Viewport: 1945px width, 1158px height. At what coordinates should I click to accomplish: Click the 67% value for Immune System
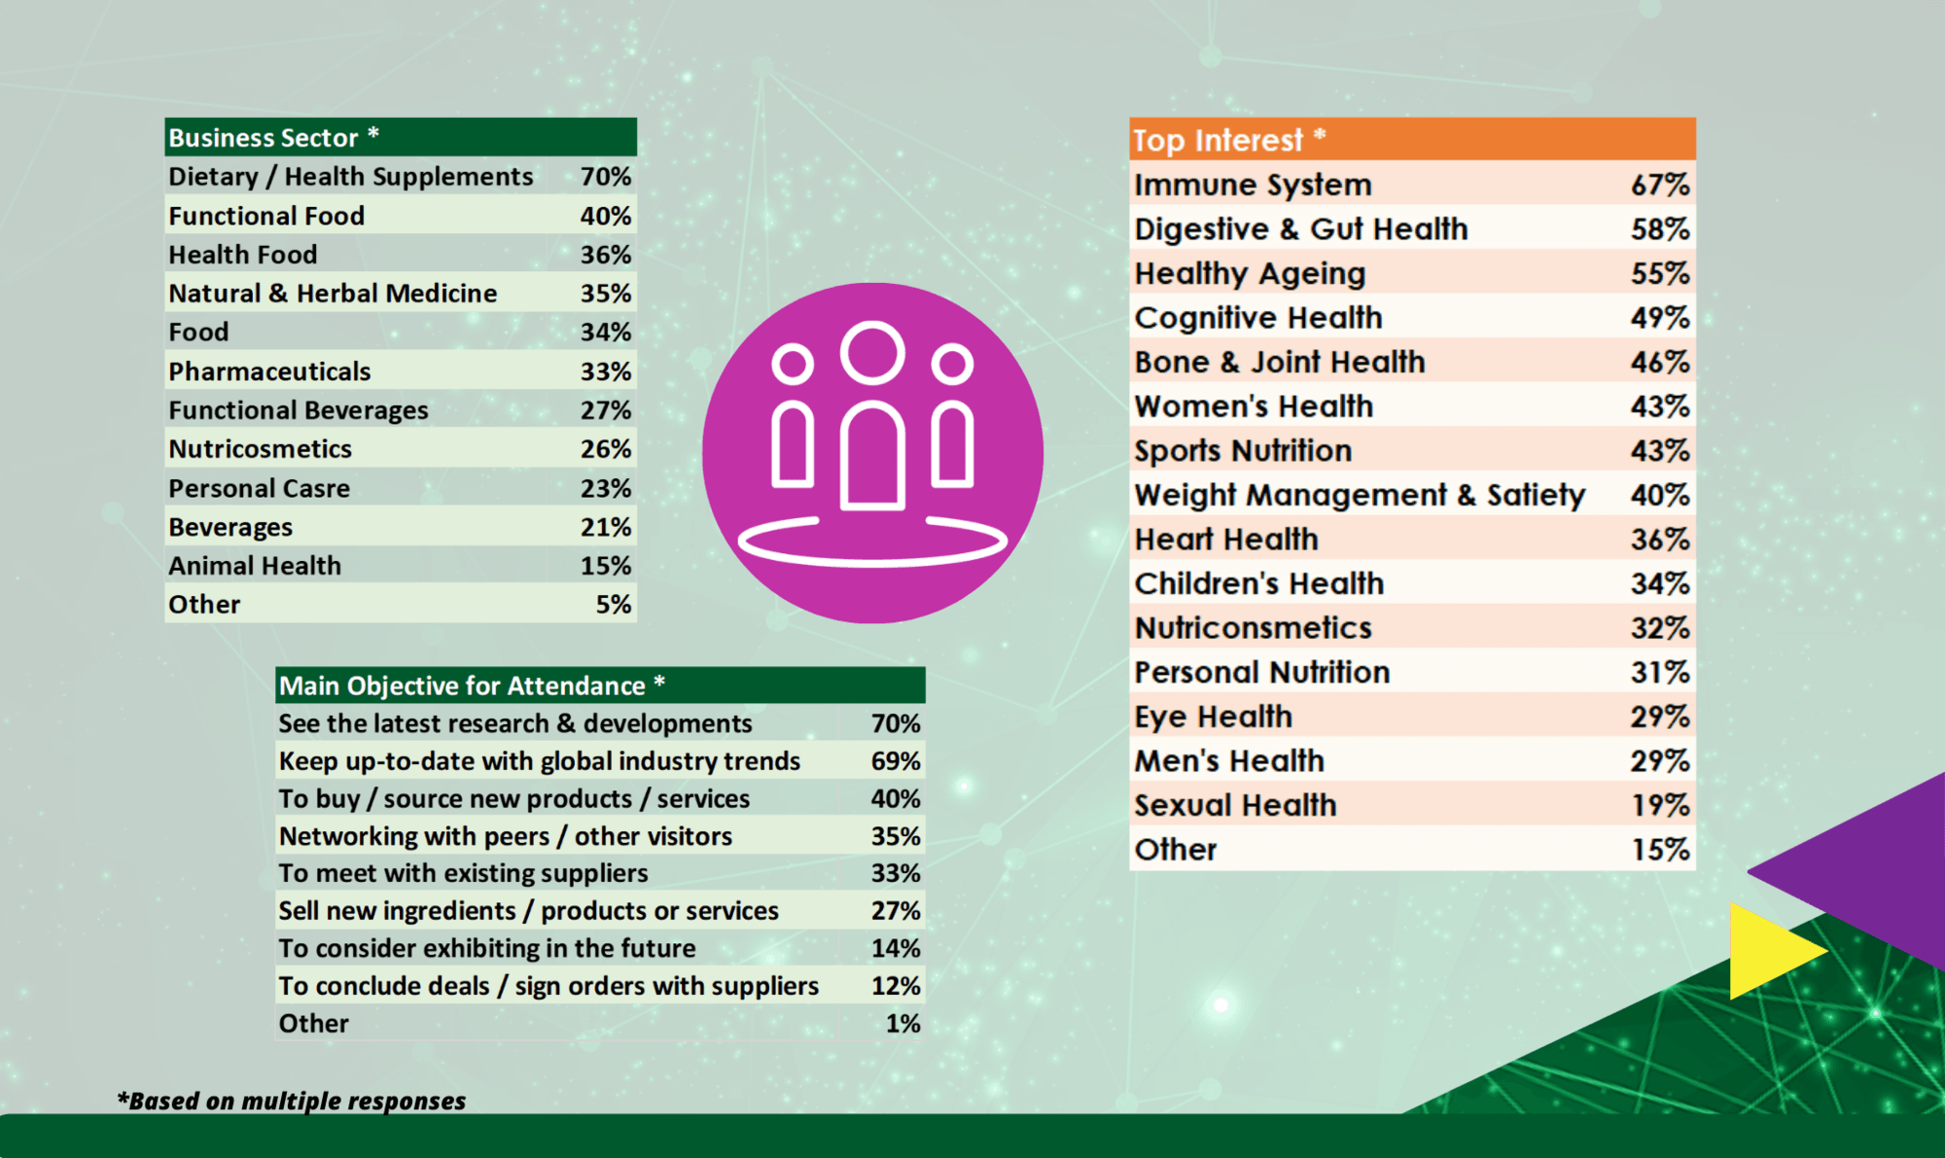coord(1659,185)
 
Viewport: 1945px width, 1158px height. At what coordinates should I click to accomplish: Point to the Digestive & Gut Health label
coord(1300,229)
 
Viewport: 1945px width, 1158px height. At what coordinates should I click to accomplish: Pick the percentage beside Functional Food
coord(605,216)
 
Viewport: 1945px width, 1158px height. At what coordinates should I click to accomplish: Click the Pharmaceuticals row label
coord(269,371)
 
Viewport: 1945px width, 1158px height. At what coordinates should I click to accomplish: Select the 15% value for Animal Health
coord(605,566)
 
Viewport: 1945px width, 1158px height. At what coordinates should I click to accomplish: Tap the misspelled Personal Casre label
coord(259,488)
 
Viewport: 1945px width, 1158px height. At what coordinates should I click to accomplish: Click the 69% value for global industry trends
coord(895,761)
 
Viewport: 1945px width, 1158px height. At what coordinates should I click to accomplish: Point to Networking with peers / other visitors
coord(505,836)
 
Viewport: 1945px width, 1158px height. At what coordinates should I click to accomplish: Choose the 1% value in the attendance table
coord(902,1024)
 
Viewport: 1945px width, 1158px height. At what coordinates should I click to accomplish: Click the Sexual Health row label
coord(1235,806)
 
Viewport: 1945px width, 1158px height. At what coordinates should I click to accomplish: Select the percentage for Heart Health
coord(1659,540)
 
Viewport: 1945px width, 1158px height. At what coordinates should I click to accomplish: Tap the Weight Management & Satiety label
coord(1359,496)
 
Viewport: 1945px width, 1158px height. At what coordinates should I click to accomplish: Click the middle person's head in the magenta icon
coord(872,352)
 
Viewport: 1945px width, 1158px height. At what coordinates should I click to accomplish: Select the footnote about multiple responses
coord(292,1101)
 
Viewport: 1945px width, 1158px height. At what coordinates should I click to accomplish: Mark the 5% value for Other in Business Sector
coord(613,605)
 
